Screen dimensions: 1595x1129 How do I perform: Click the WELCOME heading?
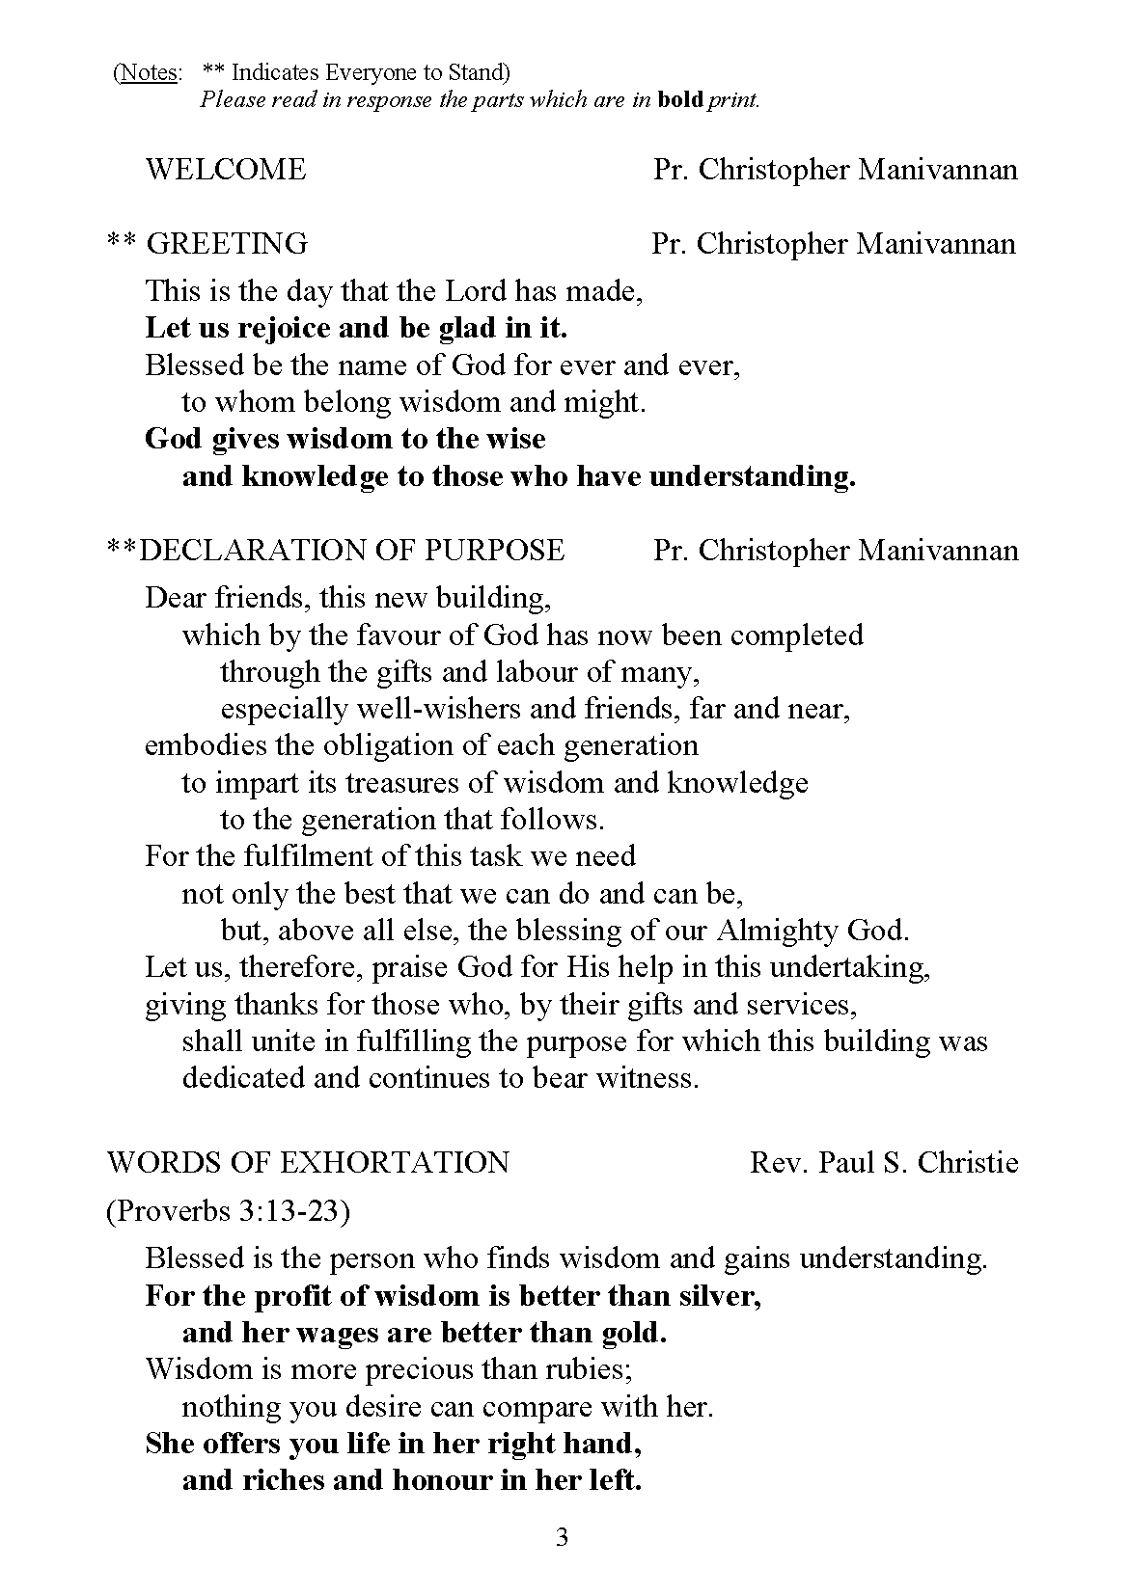[x=225, y=170]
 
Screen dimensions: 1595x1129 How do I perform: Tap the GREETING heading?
[x=227, y=243]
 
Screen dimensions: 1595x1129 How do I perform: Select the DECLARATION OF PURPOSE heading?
[x=351, y=550]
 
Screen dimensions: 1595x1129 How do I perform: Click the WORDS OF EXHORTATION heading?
[x=308, y=1162]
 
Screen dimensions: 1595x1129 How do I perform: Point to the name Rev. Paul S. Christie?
[x=884, y=1162]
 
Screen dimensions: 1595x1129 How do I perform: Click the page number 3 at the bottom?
[x=563, y=1538]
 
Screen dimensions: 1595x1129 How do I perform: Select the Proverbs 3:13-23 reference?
[x=227, y=1210]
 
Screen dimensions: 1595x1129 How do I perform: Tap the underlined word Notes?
[x=148, y=72]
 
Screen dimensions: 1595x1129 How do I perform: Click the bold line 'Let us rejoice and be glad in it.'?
[x=356, y=328]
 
